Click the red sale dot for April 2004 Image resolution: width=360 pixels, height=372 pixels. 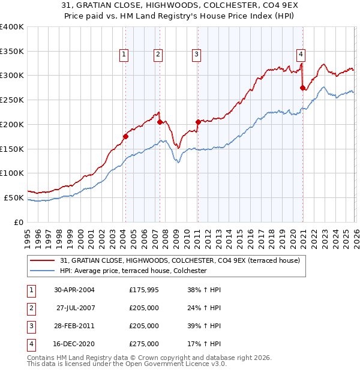[x=125, y=136]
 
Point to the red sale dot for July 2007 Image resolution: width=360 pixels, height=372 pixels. [x=160, y=122]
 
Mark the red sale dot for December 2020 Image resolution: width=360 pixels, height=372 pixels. [x=302, y=88]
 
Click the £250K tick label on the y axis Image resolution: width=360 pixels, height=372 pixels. [x=11, y=100]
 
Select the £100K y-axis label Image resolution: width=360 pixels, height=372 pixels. [x=11, y=173]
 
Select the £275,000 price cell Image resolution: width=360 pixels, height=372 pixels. [x=144, y=344]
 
